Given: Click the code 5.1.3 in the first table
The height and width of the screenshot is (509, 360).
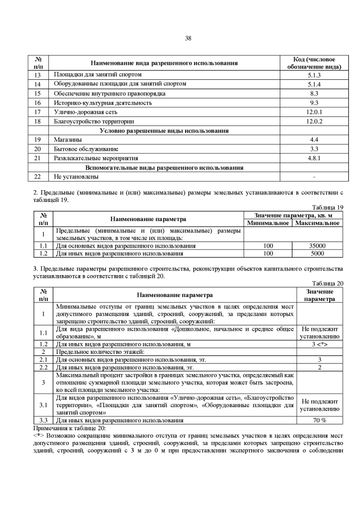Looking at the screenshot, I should pos(314,74).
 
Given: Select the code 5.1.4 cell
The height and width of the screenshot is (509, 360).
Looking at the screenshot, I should pos(314,84).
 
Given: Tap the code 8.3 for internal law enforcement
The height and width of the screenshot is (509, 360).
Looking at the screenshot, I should pos(314,93).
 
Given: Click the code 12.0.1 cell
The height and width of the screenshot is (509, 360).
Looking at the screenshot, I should pos(314,112).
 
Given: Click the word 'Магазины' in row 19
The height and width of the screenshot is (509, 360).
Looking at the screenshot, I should pos(67,139).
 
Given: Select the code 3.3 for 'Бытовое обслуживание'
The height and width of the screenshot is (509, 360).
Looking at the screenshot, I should pos(314,149).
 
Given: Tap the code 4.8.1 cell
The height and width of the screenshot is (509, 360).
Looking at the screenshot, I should pos(314,158).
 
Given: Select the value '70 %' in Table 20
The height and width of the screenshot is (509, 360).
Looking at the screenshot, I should pos(319,420).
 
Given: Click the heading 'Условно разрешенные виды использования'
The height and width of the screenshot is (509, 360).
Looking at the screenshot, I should pos(164,130).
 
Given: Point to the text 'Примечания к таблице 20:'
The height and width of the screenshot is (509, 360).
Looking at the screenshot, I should pos(73,428).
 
